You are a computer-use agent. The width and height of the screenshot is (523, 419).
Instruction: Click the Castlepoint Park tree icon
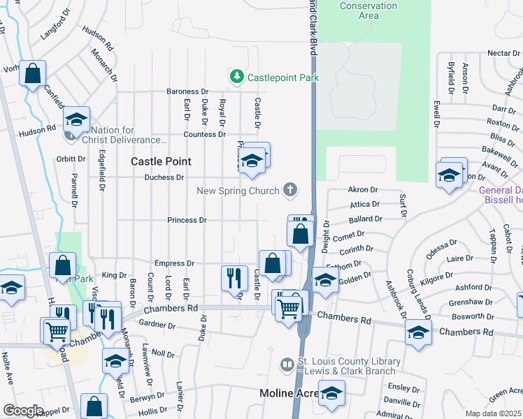click(x=237, y=77)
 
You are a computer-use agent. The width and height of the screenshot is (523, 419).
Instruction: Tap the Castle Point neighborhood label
click(x=161, y=161)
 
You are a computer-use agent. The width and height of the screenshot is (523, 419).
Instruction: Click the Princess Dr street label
click(x=187, y=221)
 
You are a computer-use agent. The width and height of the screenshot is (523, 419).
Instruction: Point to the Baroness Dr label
click(x=187, y=91)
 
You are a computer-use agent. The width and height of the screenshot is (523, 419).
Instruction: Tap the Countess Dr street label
click(x=205, y=134)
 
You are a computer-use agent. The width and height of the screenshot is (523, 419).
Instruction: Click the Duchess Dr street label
click(x=164, y=177)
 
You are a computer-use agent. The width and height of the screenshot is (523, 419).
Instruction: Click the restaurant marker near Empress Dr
click(x=234, y=277)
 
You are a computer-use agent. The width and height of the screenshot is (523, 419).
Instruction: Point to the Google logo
click(x=23, y=411)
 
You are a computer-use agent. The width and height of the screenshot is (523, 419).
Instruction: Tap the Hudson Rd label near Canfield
click(x=37, y=130)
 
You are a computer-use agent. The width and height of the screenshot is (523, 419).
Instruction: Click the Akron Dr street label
click(x=362, y=190)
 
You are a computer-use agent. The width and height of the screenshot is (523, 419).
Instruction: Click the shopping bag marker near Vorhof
click(x=32, y=73)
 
